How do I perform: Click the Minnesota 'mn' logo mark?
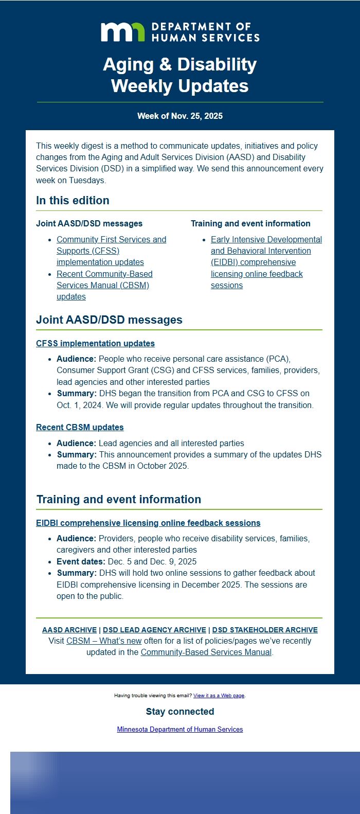click(122, 32)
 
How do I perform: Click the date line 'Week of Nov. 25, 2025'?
click(180, 116)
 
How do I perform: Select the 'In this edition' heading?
click(73, 201)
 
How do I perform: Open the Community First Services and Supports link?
click(111, 251)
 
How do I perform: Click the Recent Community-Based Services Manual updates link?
click(104, 285)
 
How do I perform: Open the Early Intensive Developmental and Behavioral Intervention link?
click(266, 262)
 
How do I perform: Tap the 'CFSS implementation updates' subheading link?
click(95, 343)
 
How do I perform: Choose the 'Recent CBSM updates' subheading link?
click(80, 427)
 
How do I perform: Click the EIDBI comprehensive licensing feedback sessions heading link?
click(148, 523)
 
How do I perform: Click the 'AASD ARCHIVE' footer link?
click(69, 630)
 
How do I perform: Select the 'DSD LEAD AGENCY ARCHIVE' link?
click(154, 630)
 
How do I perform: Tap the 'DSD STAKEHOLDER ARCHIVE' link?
click(265, 630)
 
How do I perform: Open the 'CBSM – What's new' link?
click(104, 641)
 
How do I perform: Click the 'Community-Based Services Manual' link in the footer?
click(206, 652)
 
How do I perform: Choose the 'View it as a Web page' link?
click(219, 696)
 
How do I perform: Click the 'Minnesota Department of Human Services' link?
click(180, 729)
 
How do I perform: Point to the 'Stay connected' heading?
click(180, 712)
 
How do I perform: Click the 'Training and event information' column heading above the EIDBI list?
click(250, 223)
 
